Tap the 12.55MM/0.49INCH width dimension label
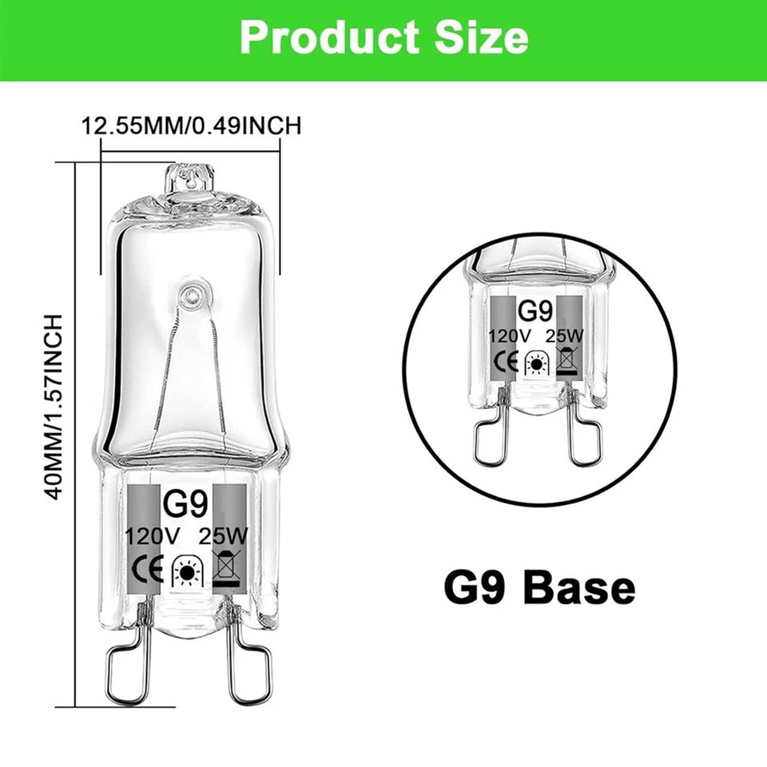[191, 125]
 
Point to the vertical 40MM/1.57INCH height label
[54, 407]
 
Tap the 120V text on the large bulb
[150, 536]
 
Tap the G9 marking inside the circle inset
[532, 309]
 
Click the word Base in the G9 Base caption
[578, 590]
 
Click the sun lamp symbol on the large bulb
[189, 573]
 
